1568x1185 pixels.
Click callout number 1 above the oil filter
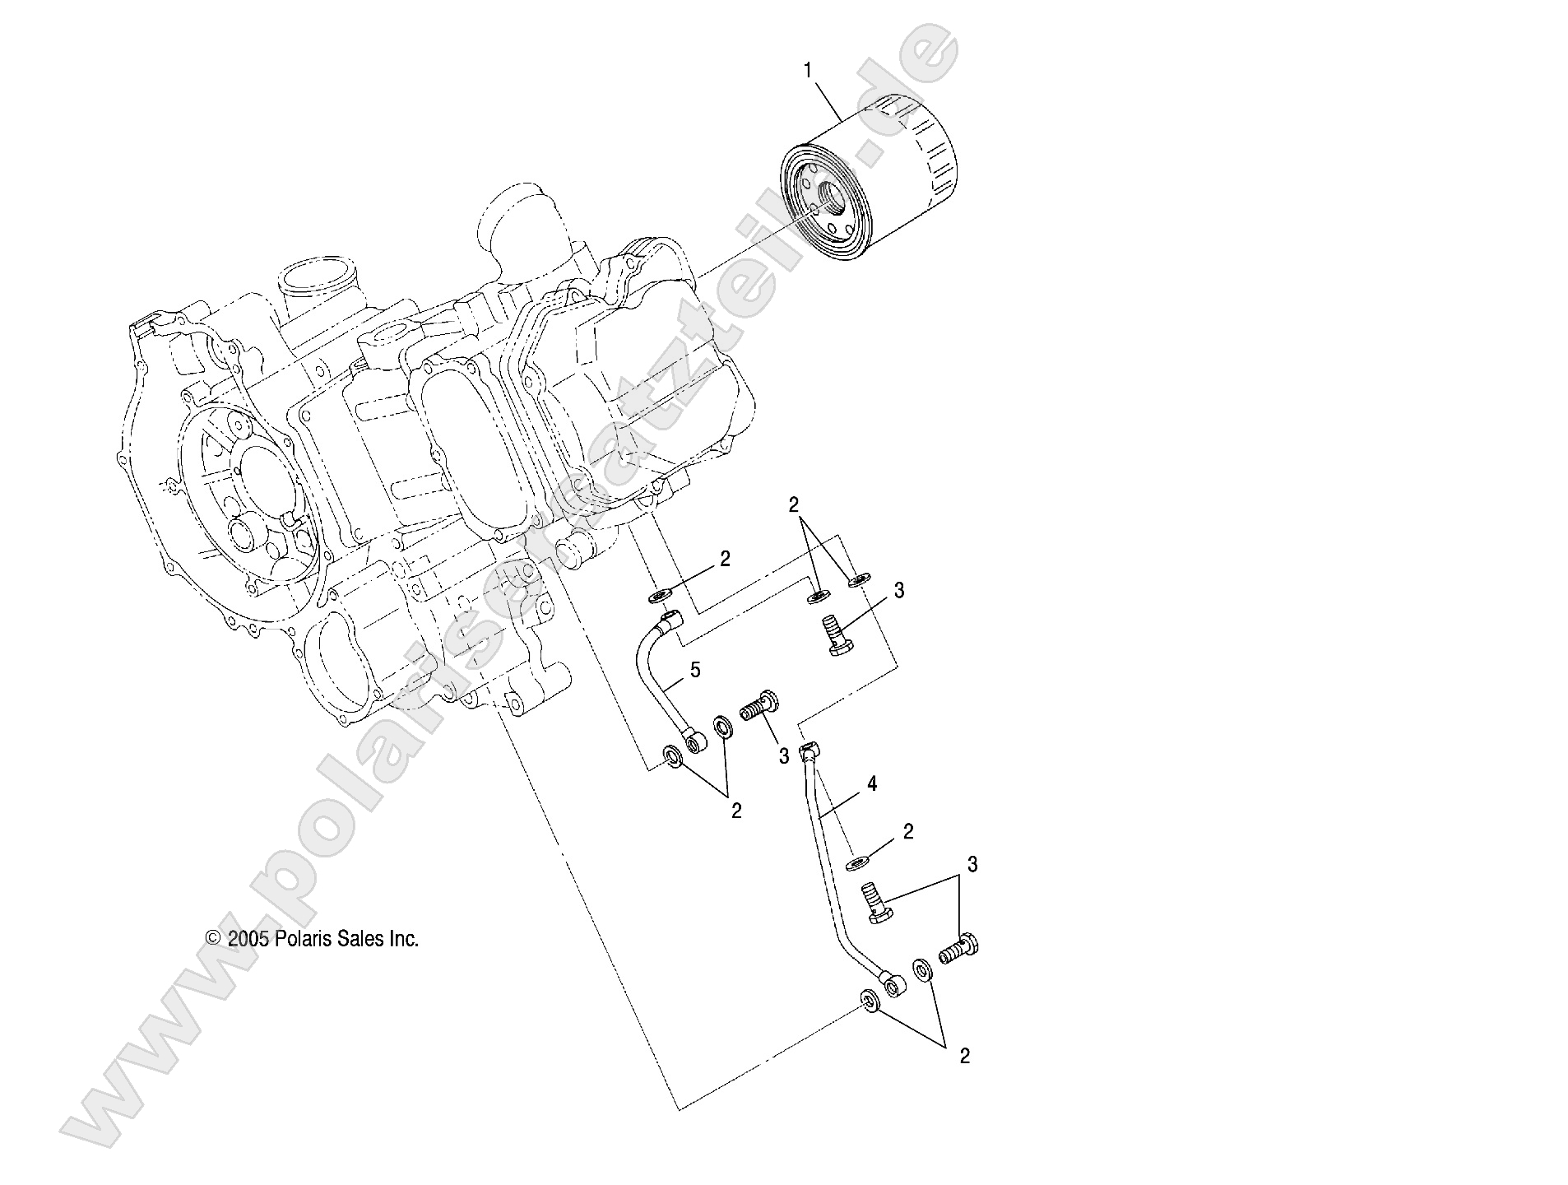pyautogui.click(x=808, y=72)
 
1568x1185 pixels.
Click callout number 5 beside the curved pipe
pyautogui.click(x=695, y=670)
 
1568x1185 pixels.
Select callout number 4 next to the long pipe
pyautogui.click(x=872, y=784)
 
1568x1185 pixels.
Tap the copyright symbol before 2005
pyautogui.click(x=213, y=939)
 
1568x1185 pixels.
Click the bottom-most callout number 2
pyautogui.click(x=964, y=1057)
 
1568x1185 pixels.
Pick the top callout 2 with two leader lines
pyautogui.click(x=794, y=505)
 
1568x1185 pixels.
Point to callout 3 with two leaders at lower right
pyautogui.click(x=972, y=865)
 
